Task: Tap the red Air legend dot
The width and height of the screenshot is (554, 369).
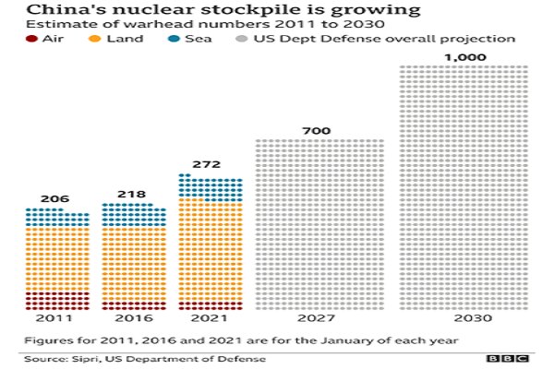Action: (x=30, y=40)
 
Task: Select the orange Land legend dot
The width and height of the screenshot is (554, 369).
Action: (x=93, y=40)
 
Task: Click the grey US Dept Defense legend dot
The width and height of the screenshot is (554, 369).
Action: (x=240, y=40)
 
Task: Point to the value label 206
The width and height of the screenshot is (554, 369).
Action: (x=55, y=198)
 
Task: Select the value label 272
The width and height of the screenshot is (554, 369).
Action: (x=211, y=164)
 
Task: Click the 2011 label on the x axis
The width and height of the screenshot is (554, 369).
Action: (x=56, y=318)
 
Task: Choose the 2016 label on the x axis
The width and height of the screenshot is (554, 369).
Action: (x=134, y=318)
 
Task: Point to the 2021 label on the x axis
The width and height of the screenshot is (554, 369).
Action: (x=211, y=318)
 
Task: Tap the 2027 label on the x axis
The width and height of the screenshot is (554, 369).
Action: (x=319, y=318)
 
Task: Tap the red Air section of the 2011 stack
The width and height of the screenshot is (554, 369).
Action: (x=57, y=301)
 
